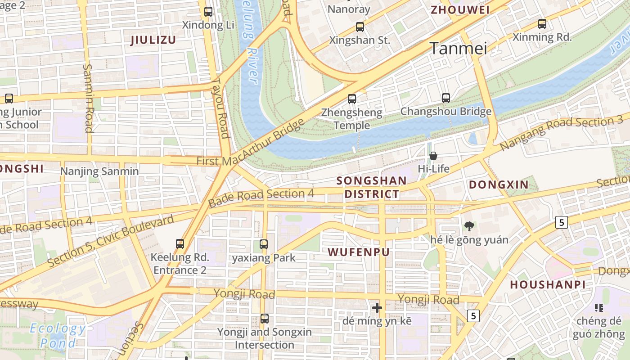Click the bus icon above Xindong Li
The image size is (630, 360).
click(x=208, y=12)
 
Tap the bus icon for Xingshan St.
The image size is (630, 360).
click(x=360, y=27)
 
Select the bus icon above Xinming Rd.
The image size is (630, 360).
click(x=542, y=24)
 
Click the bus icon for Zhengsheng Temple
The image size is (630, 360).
click(x=352, y=99)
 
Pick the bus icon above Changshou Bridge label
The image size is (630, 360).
click(x=446, y=98)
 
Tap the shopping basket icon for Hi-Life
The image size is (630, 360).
click(x=433, y=156)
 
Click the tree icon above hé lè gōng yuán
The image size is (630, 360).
click(x=469, y=226)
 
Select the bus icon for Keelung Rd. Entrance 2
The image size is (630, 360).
click(x=180, y=244)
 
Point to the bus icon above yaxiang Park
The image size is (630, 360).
click(x=264, y=244)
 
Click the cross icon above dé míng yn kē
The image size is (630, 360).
click(x=377, y=308)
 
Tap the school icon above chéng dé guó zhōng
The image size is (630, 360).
click(x=599, y=308)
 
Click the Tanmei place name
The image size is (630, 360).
click(x=459, y=48)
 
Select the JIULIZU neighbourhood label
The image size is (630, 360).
click(x=153, y=40)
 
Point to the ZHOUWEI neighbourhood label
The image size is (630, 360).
click(x=460, y=10)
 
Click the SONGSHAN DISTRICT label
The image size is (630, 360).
click(x=371, y=187)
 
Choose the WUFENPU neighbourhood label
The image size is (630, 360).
click(x=359, y=252)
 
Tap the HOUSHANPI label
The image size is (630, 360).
click(x=548, y=284)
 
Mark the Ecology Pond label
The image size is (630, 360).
click(x=58, y=336)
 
